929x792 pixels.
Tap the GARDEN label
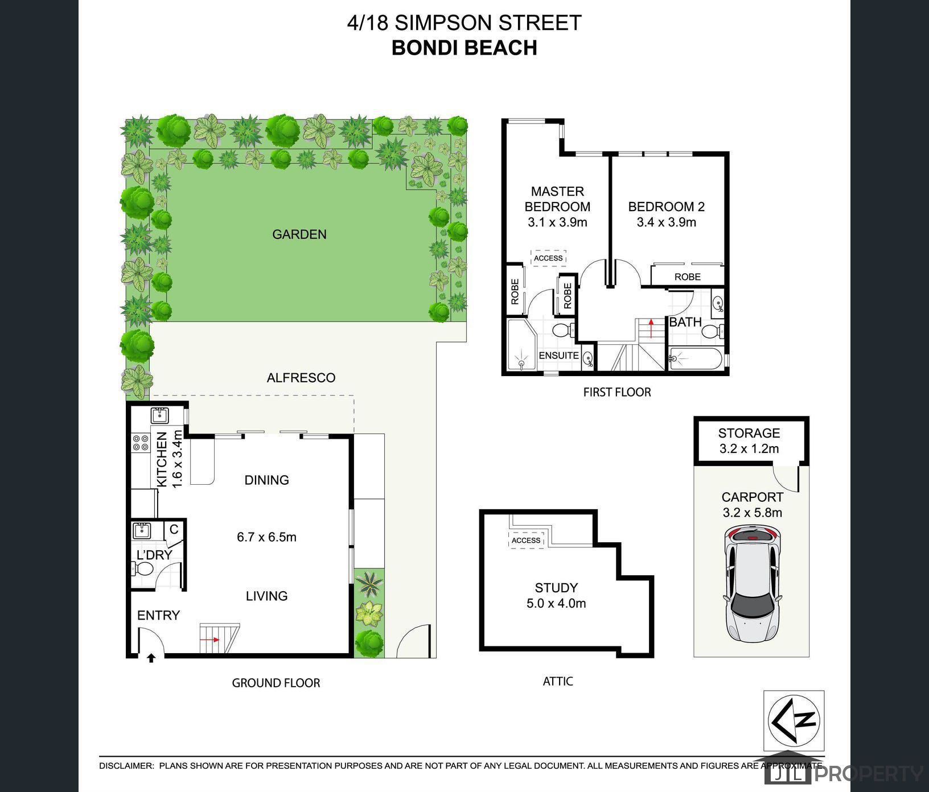(x=299, y=234)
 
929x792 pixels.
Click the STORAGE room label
(x=749, y=433)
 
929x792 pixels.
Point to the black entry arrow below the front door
(x=151, y=658)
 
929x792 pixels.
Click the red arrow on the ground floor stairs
(x=213, y=640)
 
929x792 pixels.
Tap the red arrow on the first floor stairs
(x=651, y=329)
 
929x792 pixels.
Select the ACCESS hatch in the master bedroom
(x=548, y=258)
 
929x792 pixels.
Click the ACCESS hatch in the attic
(x=526, y=540)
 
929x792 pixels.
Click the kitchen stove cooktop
(x=140, y=443)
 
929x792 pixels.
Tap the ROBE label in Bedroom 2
(x=687, y=277)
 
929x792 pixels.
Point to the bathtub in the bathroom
(x=695, y=359)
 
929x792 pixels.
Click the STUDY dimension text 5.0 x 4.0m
(x=556, y=603)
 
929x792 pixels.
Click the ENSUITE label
(x=558, y=355)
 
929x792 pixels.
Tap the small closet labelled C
(x=174, y=529)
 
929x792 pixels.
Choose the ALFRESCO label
(x=301, y=378)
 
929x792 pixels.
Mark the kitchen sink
(x=159, y=415)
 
